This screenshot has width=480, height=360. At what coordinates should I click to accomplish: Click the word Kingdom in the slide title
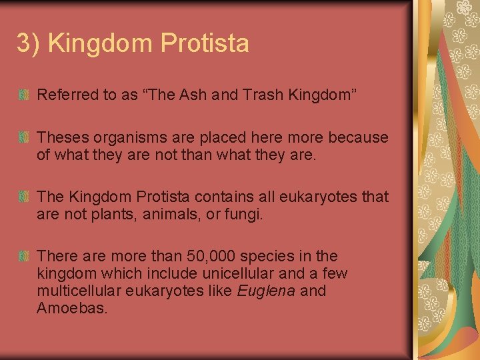[101, 44]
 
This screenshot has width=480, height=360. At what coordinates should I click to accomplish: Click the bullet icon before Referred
[24, 96]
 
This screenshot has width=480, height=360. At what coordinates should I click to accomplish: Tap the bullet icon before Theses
[24, 138]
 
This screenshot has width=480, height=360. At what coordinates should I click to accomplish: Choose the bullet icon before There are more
[24, 257]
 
